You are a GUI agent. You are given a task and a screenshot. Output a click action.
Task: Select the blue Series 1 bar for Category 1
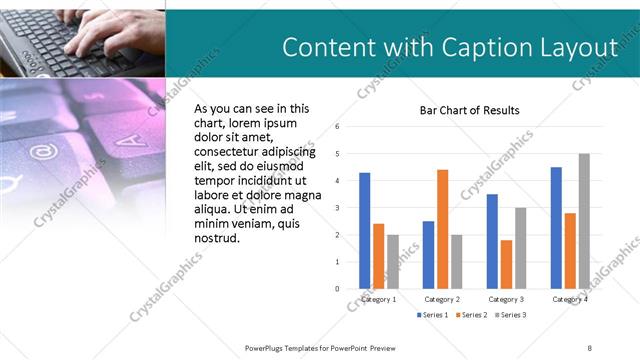tap(365, 230)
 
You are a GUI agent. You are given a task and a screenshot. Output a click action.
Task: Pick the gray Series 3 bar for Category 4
tap(584, 221)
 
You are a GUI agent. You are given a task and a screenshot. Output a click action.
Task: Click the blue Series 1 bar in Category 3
tap(492, 241)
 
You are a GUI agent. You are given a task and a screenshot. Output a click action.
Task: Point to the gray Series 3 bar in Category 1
tap(392, 261)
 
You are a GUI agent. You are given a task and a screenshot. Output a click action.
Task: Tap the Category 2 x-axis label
tap(442, 299)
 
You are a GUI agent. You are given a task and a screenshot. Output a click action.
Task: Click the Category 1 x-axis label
tap(378, 299)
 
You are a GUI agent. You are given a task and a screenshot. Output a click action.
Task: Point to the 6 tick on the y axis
tap(338, 127)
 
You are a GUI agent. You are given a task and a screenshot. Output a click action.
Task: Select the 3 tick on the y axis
tap(338, 208)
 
